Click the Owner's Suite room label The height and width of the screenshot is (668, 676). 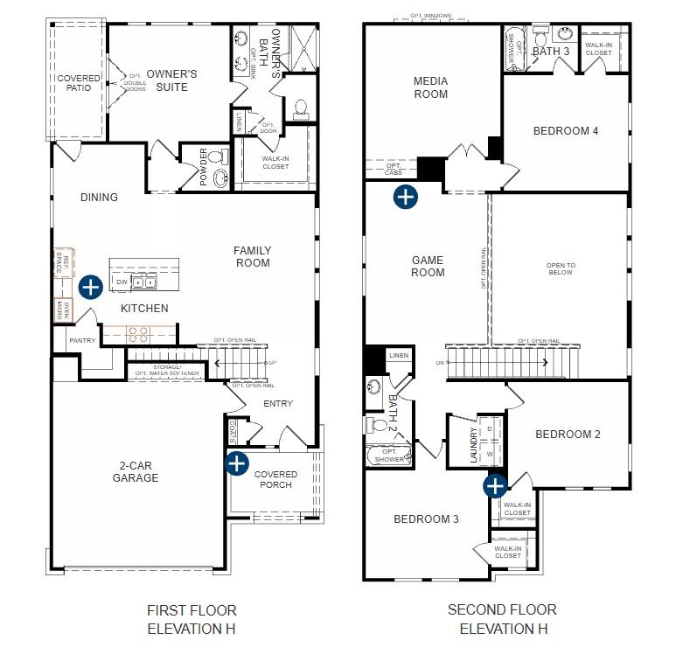point(171,81)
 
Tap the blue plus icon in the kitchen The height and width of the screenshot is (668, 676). point(90,287)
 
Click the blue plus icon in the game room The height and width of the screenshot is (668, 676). point(405,197)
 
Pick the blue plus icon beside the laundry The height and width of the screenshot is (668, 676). point(495,485)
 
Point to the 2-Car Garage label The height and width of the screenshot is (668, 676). point(136,472)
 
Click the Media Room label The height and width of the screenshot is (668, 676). point(430,87)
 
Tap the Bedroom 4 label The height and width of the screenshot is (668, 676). point(566,131)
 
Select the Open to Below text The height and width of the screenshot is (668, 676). point(561,269)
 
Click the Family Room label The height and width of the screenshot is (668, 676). point(252,257)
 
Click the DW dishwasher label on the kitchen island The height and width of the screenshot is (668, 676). point(122,282)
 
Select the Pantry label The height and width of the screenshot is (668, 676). point(70,340)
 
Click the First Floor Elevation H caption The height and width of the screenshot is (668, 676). point(192,619)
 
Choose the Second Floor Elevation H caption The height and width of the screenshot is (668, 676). point(502,619)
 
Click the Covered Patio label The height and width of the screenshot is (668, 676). point(79,83)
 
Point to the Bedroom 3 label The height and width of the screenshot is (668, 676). point(426,519)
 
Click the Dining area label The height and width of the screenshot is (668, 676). point(99,198)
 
